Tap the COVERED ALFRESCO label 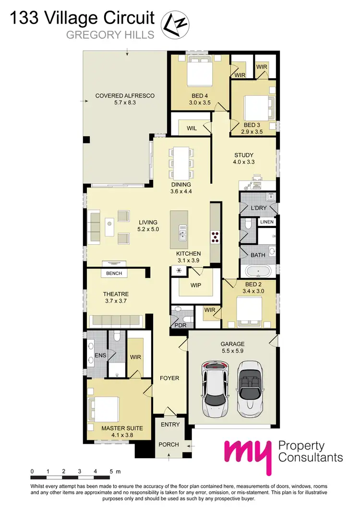[x=125, y=95]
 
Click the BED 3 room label [x=252, y=125]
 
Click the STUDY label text [x=244, y=155]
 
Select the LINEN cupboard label [x=266, y=222]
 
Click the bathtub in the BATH [x=258, y=272]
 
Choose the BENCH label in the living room [x=114, y=273]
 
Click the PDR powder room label [x=180, y=325]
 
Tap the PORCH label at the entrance [x=168, y=444]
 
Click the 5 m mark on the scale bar [x=111, y=472]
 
